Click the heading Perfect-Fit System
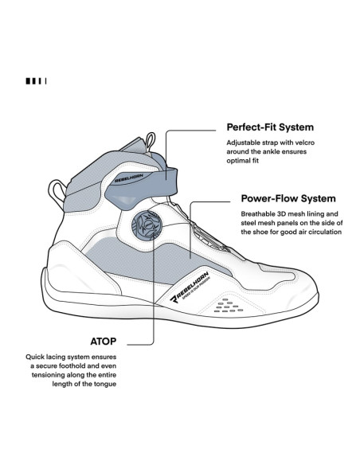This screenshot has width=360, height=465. coord(270,127)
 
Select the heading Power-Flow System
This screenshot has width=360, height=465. coord(288,198)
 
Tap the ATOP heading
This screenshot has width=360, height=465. coord(104,342)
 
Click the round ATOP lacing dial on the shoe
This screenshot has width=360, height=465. coord(147,225)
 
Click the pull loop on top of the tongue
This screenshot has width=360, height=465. coord(151,143)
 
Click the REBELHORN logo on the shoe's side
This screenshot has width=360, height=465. coord(190,287)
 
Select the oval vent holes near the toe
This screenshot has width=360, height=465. coord(229,306)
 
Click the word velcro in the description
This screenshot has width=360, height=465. coord(305,143)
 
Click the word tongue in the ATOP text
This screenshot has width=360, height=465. coord(106,385)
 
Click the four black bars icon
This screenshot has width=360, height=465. coord(36,81)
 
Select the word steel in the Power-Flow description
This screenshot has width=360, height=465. coord(248,223)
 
